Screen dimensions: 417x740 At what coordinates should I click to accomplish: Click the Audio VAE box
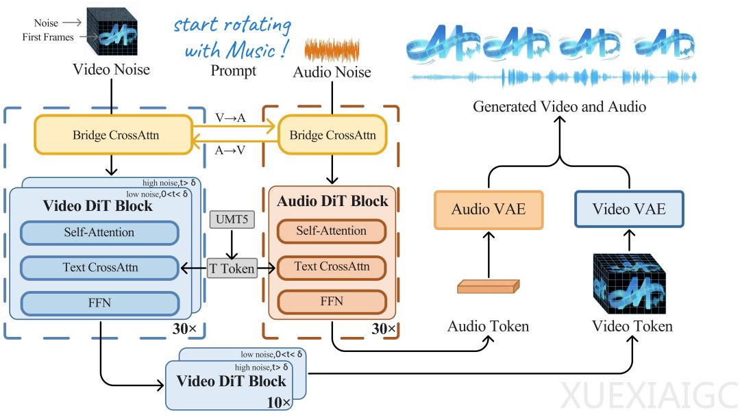[489, 210]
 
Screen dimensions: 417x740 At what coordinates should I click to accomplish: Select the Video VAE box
[629, 209]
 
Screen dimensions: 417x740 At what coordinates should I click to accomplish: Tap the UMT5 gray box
[232, 221]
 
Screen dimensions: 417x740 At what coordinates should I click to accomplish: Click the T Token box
[232, 269]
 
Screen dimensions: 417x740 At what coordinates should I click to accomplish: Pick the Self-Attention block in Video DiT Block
[99, 232]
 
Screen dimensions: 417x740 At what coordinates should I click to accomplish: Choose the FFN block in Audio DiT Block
[332, 301]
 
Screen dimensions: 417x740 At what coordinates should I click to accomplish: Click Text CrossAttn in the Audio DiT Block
[332, 266]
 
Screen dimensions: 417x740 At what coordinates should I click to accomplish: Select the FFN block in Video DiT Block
[99, 303]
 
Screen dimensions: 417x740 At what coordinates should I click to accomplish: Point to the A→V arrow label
[230, 151]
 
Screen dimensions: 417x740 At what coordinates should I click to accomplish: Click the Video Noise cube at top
[113, 33]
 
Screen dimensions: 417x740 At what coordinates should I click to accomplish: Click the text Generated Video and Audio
[559, 106]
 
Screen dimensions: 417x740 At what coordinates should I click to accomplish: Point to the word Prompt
[233, 71]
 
